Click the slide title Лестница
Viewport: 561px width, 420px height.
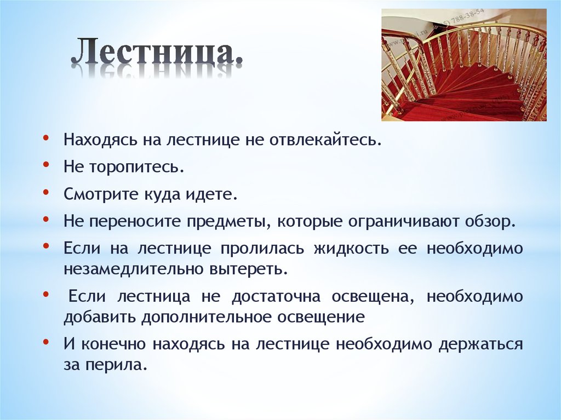pyautogui.click(x=157, y=53)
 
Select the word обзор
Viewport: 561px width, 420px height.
pyautogui.click(x=492, y=222)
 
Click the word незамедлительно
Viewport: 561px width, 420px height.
pyautogui.click(x=134, y=269)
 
